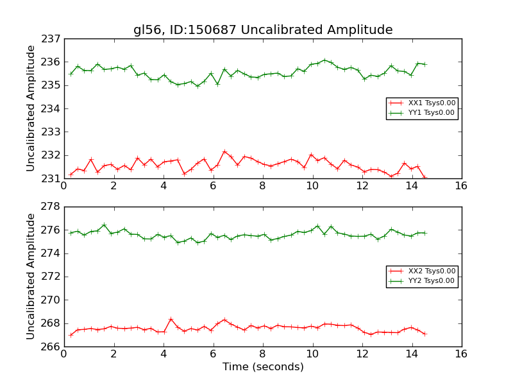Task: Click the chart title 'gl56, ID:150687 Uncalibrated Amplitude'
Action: pos(263,30)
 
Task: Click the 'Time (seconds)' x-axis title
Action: pos(263,367)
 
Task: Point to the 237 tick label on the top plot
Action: pos(51,38)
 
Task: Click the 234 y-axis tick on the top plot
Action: pos(51,108)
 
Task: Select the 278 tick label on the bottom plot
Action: pos(51,207)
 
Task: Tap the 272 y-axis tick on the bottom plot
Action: pos(51,277)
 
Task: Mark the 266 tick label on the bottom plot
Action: pos(51,346)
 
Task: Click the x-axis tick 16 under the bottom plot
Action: pos(461,354)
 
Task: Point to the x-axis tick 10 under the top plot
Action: pos(312,186)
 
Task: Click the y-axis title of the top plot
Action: pos(31,108)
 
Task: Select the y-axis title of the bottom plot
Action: pos(31,277)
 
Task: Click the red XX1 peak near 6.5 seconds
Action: pos(224,151)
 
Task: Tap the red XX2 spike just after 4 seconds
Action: pos(171,319)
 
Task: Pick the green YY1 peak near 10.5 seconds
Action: pos(324,60)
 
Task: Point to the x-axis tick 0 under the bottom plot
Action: pos(63,354)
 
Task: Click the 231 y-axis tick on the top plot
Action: pos(51,178)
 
